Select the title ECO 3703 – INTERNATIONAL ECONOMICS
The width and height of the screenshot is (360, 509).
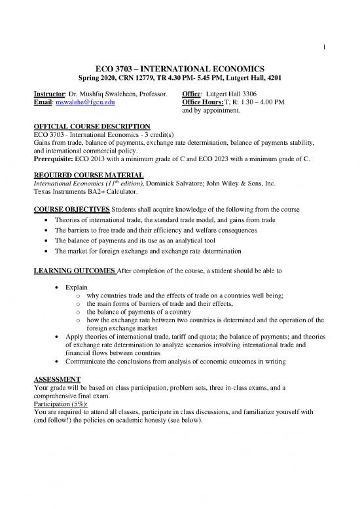tap(179, 68)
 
